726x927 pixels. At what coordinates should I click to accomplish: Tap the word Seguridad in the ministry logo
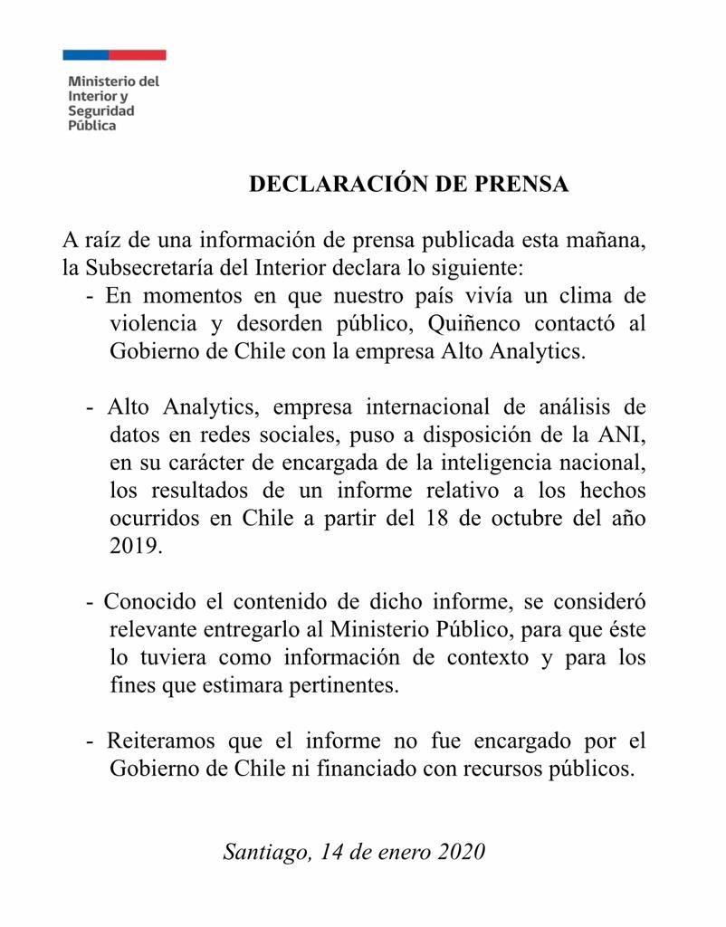click(101, 111)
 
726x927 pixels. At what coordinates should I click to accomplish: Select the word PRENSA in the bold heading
click(521, 184)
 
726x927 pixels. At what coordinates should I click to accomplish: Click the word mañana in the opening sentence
click(606, 242)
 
